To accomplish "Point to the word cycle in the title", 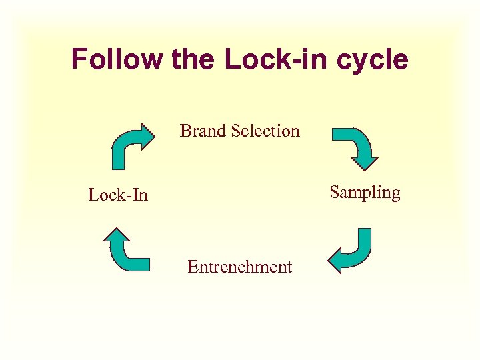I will tap(374, 60).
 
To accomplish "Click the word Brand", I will tap(203, 131).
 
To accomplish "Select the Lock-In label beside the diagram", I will tap(118, 195).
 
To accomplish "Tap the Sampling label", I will tap(365, 193).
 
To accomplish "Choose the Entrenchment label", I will tap(239, 267).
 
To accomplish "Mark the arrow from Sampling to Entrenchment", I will tap(351, 251).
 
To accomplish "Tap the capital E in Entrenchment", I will tap(193, 267).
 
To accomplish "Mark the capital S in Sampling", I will tap(335, 193).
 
